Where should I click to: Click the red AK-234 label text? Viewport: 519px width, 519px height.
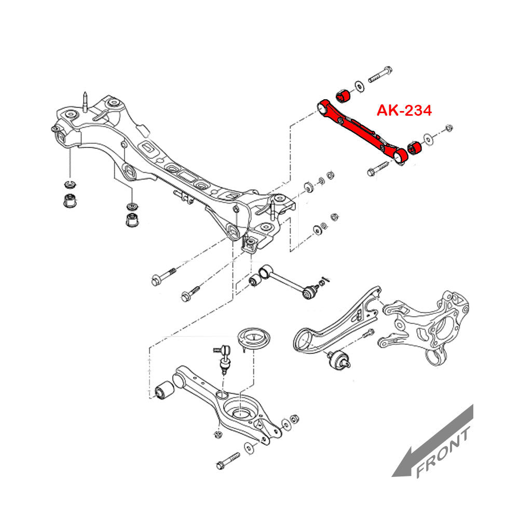click(x=404, y=111)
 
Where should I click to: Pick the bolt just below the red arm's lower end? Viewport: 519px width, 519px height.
click(x=377, y=168)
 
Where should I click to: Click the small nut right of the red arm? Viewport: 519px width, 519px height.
click(x=449, y=127)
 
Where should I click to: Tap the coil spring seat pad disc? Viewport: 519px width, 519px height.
click(x=254, y=339)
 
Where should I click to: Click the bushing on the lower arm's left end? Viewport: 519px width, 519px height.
click(x=165, y=389)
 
